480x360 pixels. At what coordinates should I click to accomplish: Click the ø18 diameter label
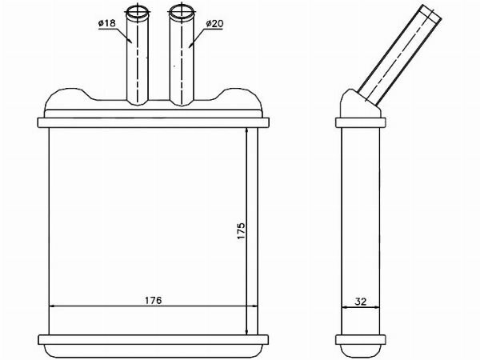(107, 23)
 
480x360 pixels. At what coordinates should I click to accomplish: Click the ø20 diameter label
(214, 23)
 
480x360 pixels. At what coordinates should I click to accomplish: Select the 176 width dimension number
(153, 300)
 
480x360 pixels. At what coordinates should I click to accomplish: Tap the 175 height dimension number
(241, 231)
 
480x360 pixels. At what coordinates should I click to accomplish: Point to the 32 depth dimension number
(360, 302)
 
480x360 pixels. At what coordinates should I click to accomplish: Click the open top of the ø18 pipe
(137, 13)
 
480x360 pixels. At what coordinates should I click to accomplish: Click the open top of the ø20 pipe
(182, 13)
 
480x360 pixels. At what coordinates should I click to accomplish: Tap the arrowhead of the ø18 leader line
(130, 40)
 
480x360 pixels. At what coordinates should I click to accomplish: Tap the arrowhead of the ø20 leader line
(190, 45)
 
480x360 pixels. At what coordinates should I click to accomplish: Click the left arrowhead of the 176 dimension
(52, 306)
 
